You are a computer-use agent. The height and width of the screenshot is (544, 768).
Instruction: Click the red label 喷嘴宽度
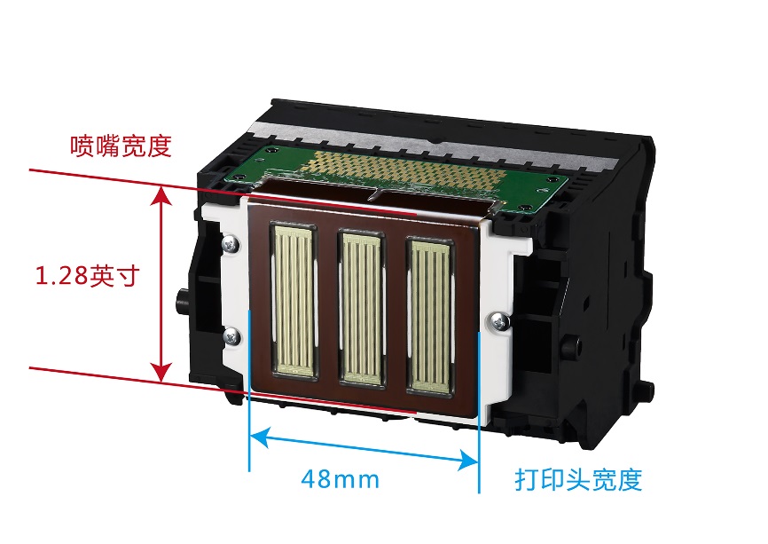[121, 146]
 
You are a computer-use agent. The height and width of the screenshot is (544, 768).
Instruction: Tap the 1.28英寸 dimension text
[88, 275]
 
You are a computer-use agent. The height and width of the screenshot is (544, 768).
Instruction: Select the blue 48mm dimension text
[340, 479]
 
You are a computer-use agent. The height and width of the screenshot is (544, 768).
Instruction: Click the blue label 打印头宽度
[578, 479]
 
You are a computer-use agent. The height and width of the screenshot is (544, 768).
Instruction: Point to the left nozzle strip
[294, 300]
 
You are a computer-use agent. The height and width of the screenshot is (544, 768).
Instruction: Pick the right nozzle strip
[430, 316]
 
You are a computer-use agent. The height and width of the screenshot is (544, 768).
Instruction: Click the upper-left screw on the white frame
[231, 243]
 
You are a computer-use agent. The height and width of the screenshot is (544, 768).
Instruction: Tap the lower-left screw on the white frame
[231, 336]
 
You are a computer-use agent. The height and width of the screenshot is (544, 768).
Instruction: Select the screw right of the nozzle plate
[499, 321]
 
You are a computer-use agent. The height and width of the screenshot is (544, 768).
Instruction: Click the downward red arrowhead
[161, 373]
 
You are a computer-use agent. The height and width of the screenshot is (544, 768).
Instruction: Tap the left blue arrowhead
[260, 438]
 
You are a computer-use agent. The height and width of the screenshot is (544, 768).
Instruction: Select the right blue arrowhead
[467, 461]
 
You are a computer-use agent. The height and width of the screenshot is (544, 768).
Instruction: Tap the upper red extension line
[223, 192]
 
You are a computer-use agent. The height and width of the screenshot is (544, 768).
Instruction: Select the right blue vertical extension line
[479, 412]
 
